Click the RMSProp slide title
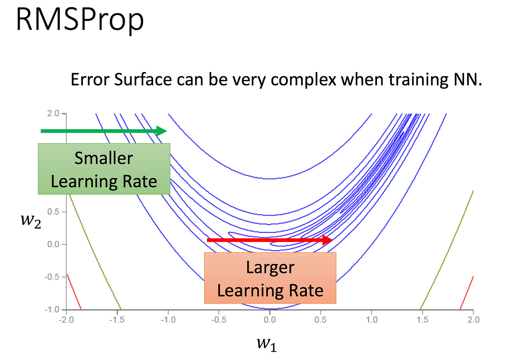[x=80, y=20]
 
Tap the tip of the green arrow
[x=167, y=131]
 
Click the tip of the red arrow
[x=333, y=240]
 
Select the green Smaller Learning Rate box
[x=104, y=169]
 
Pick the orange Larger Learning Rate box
[x=270, y=278]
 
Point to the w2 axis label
[x=31, y=221]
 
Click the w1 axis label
[x=267, y=344]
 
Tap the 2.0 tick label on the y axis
[x=53, y=113]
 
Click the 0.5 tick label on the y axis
[x=53, y=211]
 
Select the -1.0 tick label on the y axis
[x=52, y=309]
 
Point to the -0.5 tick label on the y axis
[x=52, y=277]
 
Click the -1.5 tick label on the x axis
[x=117, y=320]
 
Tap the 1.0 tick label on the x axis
[x=372, y=320]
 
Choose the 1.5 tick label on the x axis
[x=422, y=320]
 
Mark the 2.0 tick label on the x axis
[x=473, y=320]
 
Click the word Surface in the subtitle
[x=143, y=80]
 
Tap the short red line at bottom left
[x=74, y=291]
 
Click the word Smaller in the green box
[x=104, y=158]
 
